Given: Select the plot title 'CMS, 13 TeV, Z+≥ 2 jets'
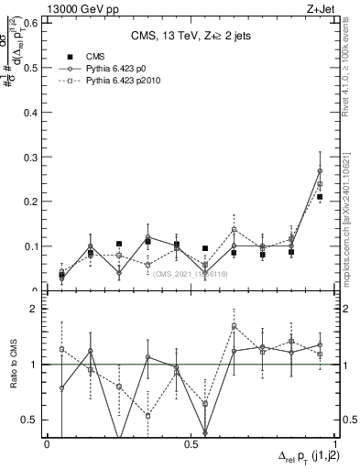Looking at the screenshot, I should tap(190, 37).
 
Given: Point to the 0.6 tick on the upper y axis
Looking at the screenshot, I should tap(33, 22).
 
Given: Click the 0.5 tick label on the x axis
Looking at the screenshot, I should tap(191, 443).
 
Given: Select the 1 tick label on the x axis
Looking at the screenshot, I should tap(334, 443).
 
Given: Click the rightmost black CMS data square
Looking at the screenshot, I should tap(320, 197).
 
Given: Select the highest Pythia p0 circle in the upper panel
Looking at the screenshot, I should tap(320, 170).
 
